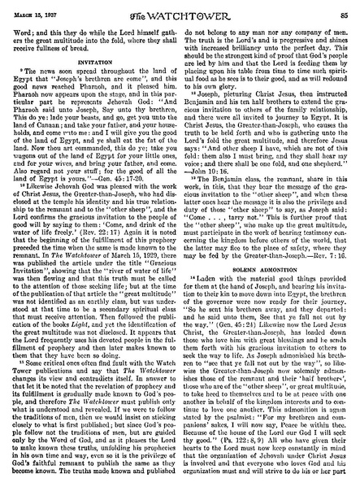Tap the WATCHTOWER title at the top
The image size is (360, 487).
coord(182,9)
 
